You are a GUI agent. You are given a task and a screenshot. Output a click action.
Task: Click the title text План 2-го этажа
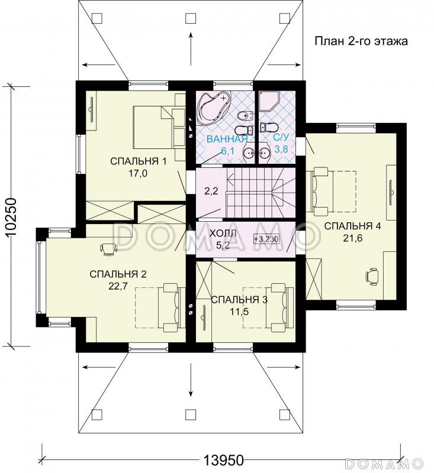[x=361, y=41]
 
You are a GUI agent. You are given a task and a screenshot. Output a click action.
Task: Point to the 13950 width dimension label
[x=223, y=461]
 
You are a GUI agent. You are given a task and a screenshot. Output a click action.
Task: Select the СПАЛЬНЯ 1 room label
[x=138, y=161]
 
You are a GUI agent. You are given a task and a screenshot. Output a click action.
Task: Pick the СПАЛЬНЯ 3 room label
[x=239, y=300]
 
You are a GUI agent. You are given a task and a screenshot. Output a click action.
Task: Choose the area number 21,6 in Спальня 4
[x=352, y=238]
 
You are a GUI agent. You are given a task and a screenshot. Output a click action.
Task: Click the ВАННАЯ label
[x=227, y=139]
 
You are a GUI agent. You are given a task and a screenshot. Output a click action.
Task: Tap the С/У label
[x=281, y=137]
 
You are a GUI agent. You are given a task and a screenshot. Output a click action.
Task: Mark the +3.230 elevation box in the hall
[x=266, y=239]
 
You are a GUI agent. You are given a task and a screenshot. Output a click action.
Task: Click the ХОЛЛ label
[x=223, y=233]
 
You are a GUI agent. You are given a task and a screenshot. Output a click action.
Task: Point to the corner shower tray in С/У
[x=270, y=101]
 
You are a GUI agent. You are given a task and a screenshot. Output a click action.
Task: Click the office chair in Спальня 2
[x=108, y=248]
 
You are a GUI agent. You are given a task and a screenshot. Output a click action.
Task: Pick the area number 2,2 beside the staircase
[x=211, y=191]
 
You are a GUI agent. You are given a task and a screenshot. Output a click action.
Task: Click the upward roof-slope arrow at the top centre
[x=191, y=48]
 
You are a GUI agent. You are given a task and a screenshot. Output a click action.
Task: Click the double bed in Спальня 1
[x=159, y=127]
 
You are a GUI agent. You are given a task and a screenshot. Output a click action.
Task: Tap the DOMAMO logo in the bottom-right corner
[x=388, y=465]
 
